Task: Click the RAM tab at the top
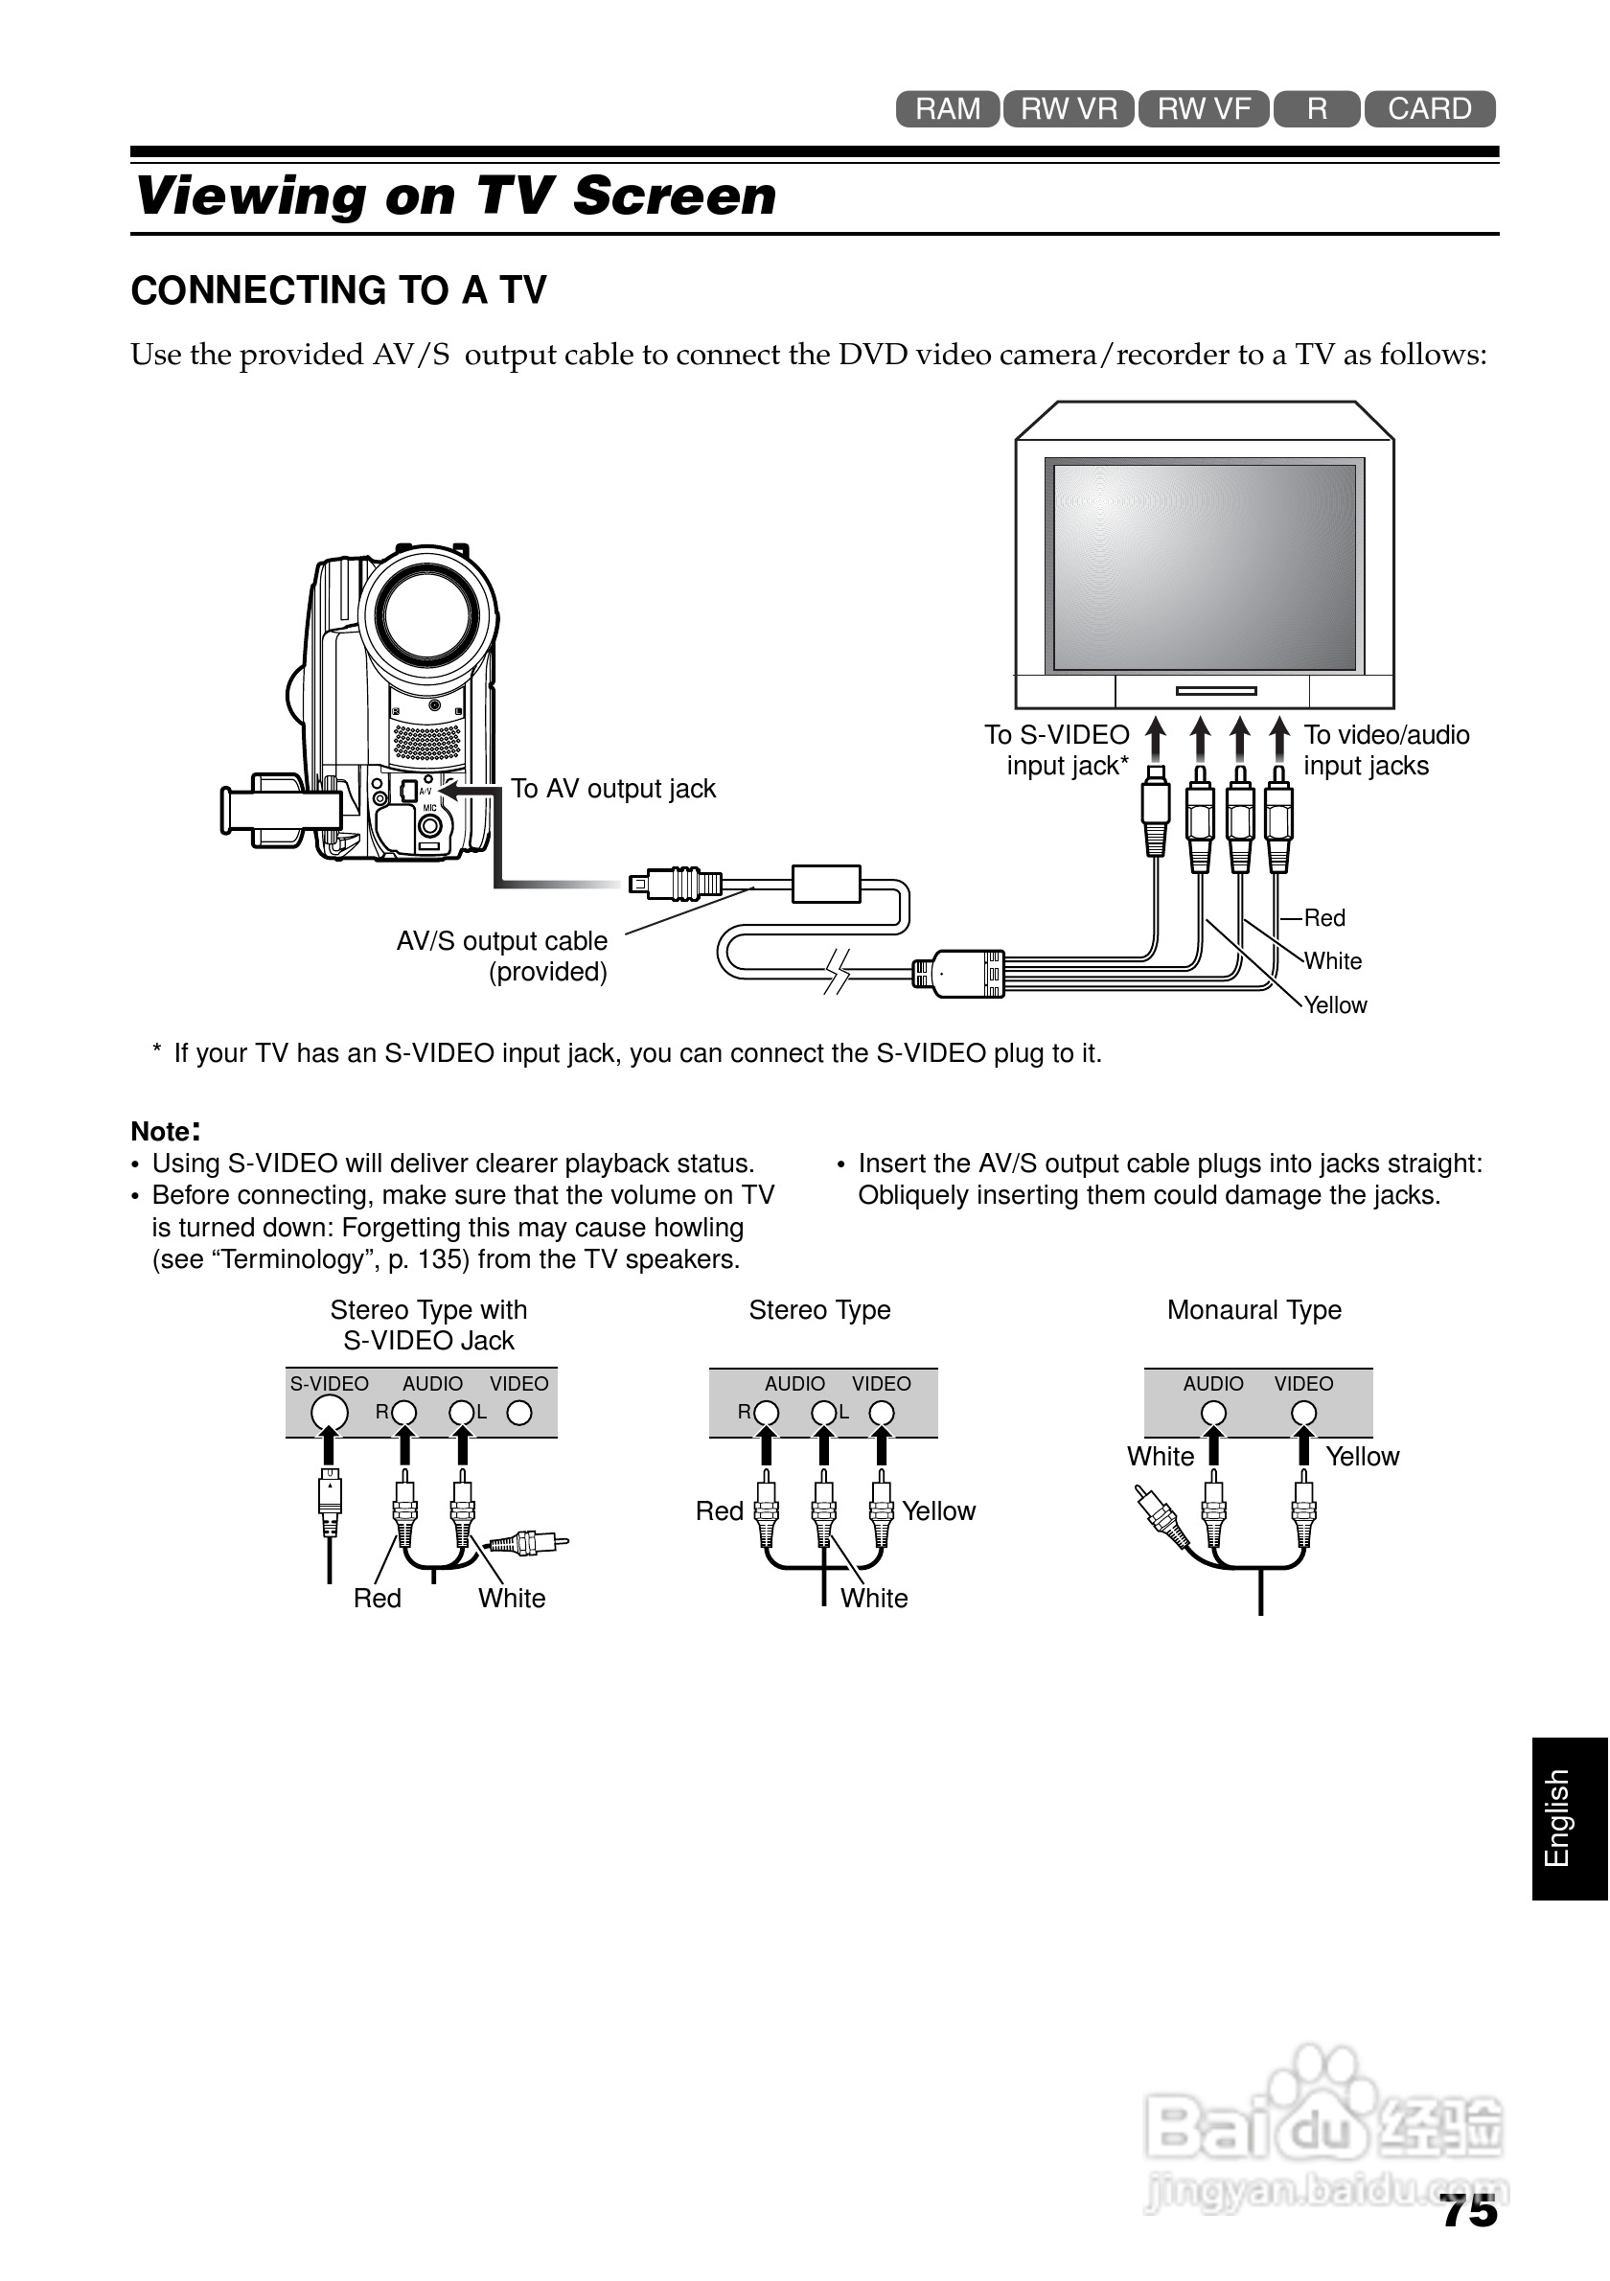pyautogui.click(x=947, y=109)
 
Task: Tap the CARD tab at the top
pyautogui.click(x=1428, y=109)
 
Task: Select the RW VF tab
pyautogui.click(x=1203, y=109)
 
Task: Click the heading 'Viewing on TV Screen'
pyautogui.click(x=456, y=196)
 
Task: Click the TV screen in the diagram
pyautogui.click(x=1204, y=566)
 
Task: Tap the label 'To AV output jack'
pyautogui.click(x=612, y=789)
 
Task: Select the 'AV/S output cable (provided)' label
pyautogui.click(x=501, y=956)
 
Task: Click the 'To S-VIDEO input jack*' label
pyautogui.click(x=1058, y=750)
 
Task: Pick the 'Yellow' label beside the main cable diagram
pyautogui.click(x=1335, y=1005)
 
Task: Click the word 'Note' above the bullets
pyautogui.click(x=161, y=1132)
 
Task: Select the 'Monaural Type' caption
pyautogui.click(x=1253, y=1310)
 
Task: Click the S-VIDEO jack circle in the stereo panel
pyautogui.click(x=330, y=1413)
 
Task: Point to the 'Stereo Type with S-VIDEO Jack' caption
pyautogui.click(x=429, y=1325)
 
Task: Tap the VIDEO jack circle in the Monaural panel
pyautogui.click(x=1303, y=1413)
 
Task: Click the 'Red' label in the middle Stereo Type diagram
pyautogui.click(x=719, y=1511)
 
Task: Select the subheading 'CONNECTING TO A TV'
pyautogui.click(x=338, y=291)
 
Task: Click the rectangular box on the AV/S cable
pyautogui.click(x=825, y=884)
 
